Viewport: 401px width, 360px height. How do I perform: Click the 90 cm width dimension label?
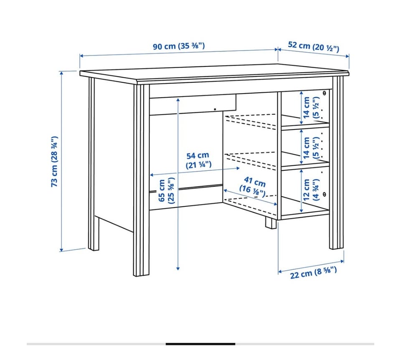tap(179, 46)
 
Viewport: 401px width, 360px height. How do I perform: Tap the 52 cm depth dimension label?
tap(314, 46)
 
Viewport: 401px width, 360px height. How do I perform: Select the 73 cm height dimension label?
tap(54, 162)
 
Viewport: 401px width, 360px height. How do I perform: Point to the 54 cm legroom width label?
tap(198, 160)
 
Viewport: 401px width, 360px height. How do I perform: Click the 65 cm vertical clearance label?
tap(166, 191)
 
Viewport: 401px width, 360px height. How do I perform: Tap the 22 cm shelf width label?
tap(313, 273)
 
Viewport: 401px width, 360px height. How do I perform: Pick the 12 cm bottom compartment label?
tap(311, 190)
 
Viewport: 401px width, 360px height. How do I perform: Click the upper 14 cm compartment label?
tap(311, 107)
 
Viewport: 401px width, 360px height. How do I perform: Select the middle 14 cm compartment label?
tap(311, 148)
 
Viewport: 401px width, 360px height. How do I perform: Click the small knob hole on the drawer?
tap(215, 109)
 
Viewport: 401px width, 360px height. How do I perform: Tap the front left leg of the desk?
tap(141, 180)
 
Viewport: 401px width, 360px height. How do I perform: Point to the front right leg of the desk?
tap(337, 162)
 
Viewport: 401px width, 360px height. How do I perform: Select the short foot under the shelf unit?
tap(271, 223)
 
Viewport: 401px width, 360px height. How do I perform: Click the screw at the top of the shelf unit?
tap(324, 93)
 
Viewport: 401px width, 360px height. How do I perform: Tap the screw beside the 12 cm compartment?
tap(324, 194)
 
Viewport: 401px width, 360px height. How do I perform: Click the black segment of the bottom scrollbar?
tap(200, 344)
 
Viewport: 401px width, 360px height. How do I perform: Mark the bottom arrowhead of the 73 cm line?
tap(61, 250)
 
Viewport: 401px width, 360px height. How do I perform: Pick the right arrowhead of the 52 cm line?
tap(348, 56)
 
